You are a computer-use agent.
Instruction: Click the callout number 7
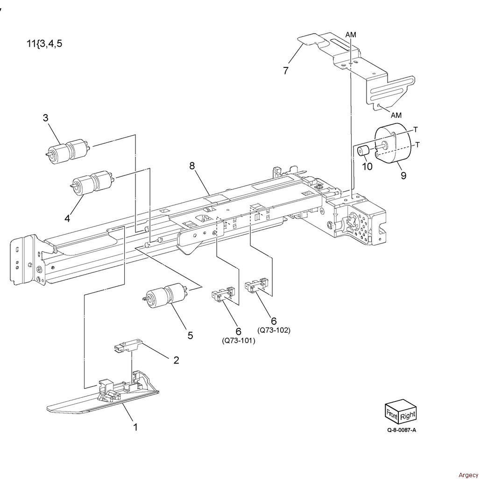tap(286, 71)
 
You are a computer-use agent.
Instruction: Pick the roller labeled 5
tap(166, 296)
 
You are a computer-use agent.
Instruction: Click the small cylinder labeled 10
tap(364, 151)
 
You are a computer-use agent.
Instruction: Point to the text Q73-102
tap(274, 330)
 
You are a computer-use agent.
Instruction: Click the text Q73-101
tap(239, 341)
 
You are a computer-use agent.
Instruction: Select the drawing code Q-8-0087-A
tap(402, 430)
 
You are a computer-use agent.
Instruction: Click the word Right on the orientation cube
tap(408, 415)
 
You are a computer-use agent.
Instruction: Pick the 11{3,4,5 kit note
tap(44, 44)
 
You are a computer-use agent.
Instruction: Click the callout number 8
tap(192, 166)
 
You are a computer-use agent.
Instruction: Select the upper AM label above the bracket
tap(351, 35)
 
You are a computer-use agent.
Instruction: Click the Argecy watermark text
tap(468, 475)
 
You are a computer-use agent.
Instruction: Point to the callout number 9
tap(403, 176)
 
